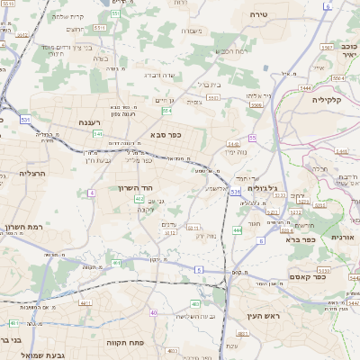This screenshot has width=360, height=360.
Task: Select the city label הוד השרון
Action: (x=137, y=188)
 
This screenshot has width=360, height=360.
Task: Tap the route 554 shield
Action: (x=166, y=112)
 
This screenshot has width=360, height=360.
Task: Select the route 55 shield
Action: (x=253, y=138)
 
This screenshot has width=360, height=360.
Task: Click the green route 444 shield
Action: (x=237, y=231)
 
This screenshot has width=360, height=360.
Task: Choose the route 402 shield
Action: (x=139, y=198)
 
